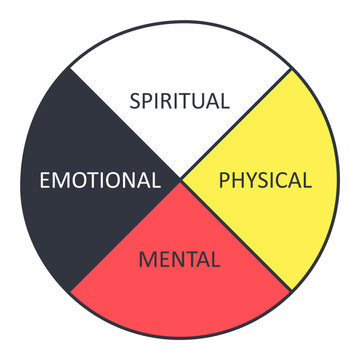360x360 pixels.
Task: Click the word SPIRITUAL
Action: [181, 100]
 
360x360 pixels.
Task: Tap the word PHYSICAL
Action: [265, 181]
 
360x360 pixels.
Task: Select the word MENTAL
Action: [180, 261]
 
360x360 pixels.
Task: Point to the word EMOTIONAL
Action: [99, 181]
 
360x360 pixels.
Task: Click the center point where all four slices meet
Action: [181, 181]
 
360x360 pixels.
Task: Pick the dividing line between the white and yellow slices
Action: [236, 125]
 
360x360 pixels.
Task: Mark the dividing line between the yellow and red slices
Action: [236, 236]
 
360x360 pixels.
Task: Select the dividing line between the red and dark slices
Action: [125, 237]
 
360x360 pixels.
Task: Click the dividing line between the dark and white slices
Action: [125, 125]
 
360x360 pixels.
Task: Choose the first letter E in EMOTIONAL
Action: [43, 181]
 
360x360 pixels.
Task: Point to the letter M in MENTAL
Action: [148, 261]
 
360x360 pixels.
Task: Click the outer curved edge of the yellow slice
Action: [339, 181]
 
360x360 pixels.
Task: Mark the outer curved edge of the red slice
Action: [180, 339]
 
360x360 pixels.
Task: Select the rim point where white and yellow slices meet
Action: [292, 68]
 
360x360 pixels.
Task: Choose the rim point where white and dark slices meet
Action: [69, 68]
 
